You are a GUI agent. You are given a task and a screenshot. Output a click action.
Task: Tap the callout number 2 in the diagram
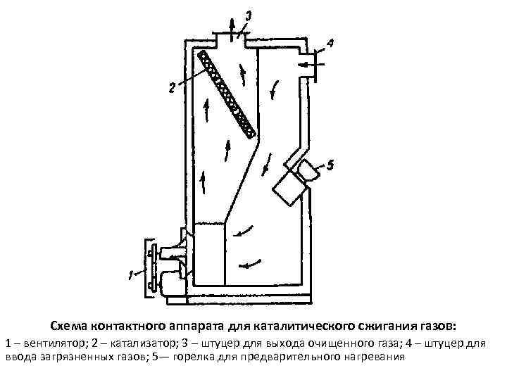171,87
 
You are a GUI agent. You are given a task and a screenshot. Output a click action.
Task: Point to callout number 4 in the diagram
330,43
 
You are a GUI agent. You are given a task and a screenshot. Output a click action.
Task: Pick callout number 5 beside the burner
330,166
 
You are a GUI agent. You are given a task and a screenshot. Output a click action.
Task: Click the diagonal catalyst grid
226,92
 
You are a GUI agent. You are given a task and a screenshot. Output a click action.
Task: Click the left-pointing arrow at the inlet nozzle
304,65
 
